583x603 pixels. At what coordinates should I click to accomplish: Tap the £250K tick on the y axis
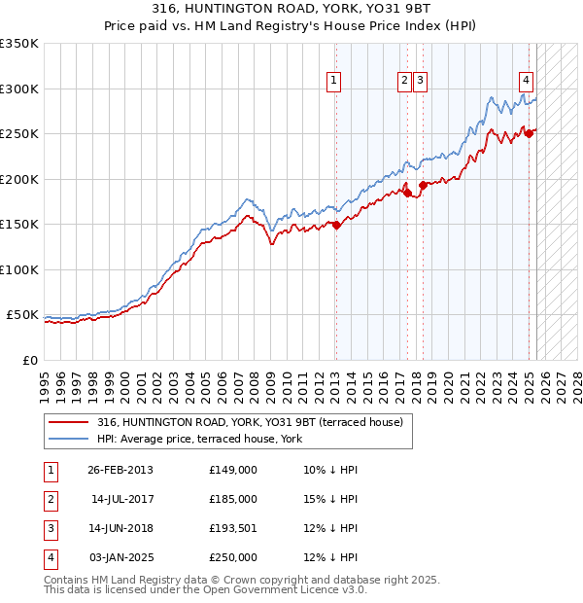pyautogui.click(x=20, y=134)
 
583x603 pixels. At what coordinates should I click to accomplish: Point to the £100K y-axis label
pyautogui.click(x=20, y=269)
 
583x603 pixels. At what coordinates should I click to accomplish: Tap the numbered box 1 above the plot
pyautogui.click(x=333, y=82)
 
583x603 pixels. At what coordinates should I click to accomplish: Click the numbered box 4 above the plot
pyautogui.click(x=526, y=82)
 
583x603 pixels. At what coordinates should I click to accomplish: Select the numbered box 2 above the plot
pyautogui.click(x=403, y=82)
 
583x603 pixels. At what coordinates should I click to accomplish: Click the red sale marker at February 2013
pyautogui.click(x=336, y=225)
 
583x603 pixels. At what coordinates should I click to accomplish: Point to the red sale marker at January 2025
pyautogui.click(x=530, y=134)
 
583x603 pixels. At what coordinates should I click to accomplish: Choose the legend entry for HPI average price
pyautogui.click(x=199, y=440)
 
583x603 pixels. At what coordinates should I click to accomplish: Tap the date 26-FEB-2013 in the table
pyautogui.click(x=120, y=470)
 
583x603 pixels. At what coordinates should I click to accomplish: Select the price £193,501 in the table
pyautogui.click(x=233, y=528)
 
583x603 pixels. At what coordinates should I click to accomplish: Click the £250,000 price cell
pyautogui.click(x=233, y=557)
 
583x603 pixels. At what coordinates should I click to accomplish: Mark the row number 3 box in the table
pyautogui.click(x=51, y=528)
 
